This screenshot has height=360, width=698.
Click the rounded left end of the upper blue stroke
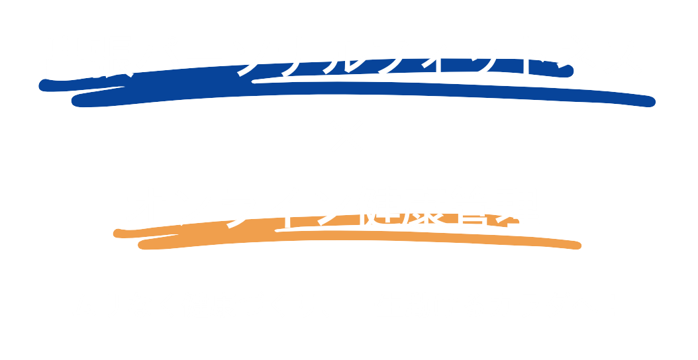tap(44, 85)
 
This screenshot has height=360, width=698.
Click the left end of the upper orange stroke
tap(117, 234)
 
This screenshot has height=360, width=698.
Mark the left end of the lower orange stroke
tap(142, 246)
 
